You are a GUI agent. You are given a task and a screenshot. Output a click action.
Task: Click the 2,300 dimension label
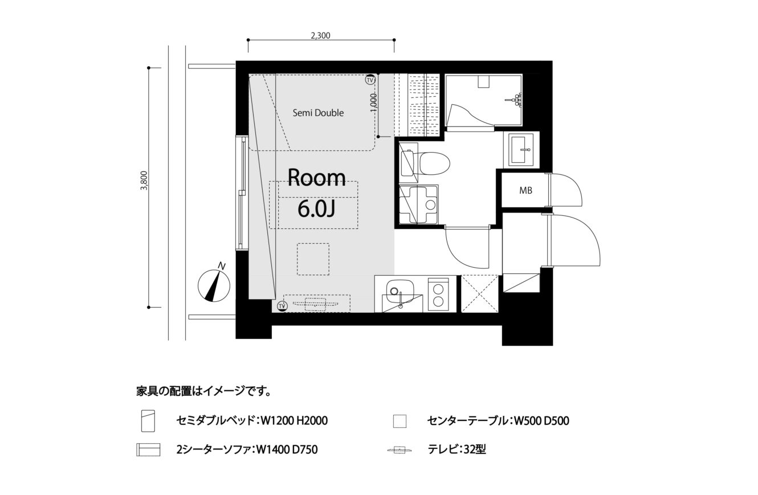click(320, 35)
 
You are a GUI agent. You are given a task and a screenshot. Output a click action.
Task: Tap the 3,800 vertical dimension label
click(145, 181)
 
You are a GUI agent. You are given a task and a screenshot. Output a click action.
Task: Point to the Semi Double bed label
click(318, 113)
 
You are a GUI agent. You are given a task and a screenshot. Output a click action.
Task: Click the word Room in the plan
click(317, 178)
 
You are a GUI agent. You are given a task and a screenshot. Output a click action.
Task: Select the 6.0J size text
click(316, 209)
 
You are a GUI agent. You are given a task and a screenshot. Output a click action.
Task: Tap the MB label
click(525, 191)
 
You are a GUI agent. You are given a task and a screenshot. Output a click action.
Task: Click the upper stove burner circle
click(438, 289)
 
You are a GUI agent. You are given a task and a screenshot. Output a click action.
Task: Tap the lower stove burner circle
click(438, 301)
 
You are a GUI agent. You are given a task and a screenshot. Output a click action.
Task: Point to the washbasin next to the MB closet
click(520, 149)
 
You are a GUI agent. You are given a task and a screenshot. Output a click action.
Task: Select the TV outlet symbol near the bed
click(370, 80)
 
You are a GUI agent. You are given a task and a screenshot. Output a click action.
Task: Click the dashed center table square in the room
click(313, 259)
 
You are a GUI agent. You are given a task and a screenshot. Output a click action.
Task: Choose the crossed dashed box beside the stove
click(480, 293)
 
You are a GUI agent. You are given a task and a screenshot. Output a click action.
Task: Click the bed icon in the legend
click(148, 420)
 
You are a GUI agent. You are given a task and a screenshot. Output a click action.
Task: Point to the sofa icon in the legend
click(148, 449)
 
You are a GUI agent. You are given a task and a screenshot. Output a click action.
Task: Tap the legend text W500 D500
click(542, 421)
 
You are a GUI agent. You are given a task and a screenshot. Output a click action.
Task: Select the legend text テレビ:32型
click(457, 449)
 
